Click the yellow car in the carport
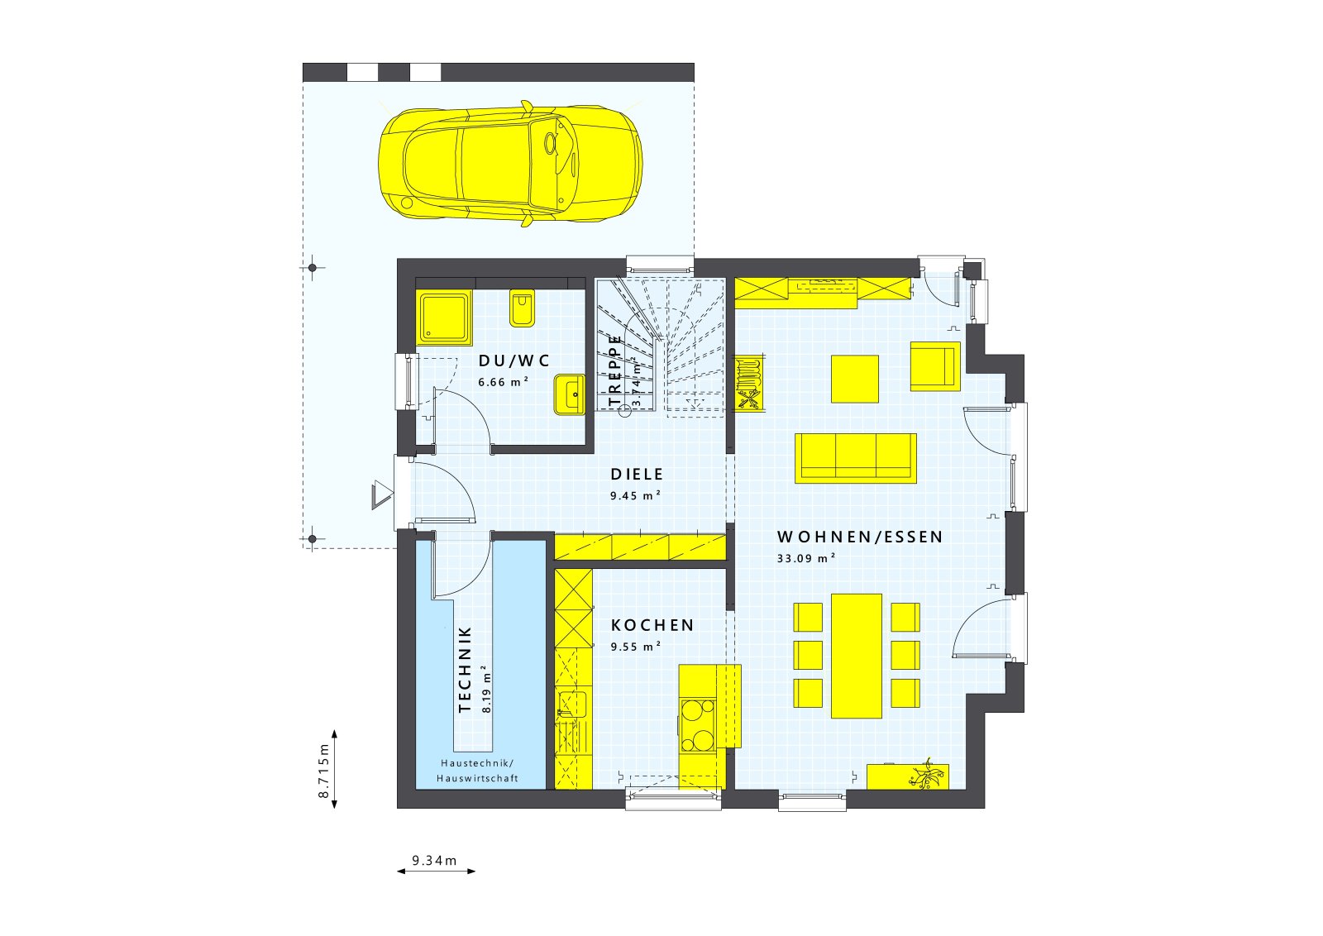pos(509,164)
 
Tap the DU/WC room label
pos(513,361)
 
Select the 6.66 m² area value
pos(503,382)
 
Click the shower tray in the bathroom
pos(445,318)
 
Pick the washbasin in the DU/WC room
pos(570,394)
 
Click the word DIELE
pos(637,475)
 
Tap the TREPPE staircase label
pos(614,370)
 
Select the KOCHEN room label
pos(652,626)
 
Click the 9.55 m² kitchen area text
pos(635,647)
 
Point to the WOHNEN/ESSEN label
pos(860,537)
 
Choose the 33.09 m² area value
pos(805,558)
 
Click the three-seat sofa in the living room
pos(856,457)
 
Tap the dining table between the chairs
pos(857,655)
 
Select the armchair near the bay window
pos(935,366)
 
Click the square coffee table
pos(854,379)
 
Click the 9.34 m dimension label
pos(435,861)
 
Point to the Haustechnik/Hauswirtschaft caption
pos(477,771)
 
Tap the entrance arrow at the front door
pos(382,497)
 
